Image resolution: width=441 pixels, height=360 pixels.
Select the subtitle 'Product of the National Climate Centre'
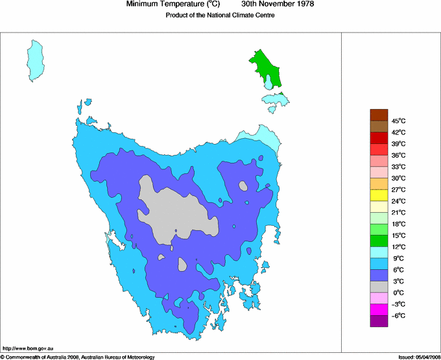pyautogui.click(x=220, y=15)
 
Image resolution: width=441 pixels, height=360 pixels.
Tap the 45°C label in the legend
pyautogui.click(x=398, y=121)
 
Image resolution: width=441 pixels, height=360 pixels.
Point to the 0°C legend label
pyautogui.click(x=398, y=293)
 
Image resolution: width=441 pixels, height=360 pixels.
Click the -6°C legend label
pyautogui.click(x=398, y=315)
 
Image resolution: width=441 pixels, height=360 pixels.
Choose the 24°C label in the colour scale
pyautogui.click(x=398, y=201)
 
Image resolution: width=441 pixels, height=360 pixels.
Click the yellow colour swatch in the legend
pyautogui.click(x=379, y=195)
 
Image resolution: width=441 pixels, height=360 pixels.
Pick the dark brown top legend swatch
pyautogui.click(x=379, y=115)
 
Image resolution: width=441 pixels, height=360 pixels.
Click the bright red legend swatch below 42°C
pyautogui.click(x=379, y=138)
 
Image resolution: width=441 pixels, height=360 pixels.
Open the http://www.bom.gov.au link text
pyautogui.click(x=28, y=349)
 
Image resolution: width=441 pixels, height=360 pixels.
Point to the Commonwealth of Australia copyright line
pyautogui.click(x=78, y=357)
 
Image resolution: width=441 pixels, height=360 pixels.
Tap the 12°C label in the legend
pyautogui.click(x=398, y=247)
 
